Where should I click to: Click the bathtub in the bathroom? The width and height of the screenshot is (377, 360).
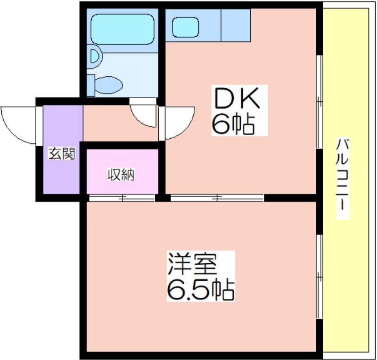[123, 29]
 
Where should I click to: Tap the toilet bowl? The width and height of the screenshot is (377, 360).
[109, 85]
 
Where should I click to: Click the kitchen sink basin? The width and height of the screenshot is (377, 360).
[185, 27]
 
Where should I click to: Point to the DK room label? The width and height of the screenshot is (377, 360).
[237, 98]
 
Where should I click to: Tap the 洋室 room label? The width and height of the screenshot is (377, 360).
[192, 264]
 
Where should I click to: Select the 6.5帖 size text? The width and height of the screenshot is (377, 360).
[201, 289]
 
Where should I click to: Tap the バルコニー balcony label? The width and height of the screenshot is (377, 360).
[342, 178]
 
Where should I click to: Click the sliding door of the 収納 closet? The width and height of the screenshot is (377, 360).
[122, 198]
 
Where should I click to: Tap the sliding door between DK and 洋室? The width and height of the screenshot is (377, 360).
[217, 198]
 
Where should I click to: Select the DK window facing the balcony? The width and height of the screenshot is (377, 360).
[320, 101]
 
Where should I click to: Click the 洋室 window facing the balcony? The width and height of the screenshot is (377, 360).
[320, 276]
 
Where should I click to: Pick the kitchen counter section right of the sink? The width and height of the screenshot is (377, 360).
[236, 25]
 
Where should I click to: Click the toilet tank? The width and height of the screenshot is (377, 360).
[90, 85]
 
